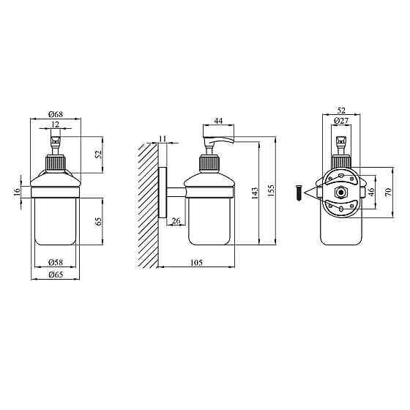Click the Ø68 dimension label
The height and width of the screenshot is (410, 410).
56,114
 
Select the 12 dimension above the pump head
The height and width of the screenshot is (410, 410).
55,124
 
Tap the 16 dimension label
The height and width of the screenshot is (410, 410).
17,191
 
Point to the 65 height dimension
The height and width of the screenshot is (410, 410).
99,221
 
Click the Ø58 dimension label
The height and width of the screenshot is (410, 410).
56,262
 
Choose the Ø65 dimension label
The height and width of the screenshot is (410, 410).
56,275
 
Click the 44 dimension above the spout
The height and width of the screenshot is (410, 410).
218,121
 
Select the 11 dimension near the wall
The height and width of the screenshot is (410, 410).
163,138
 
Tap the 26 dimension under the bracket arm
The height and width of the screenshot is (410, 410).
176,220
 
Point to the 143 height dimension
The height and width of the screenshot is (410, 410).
255,193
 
